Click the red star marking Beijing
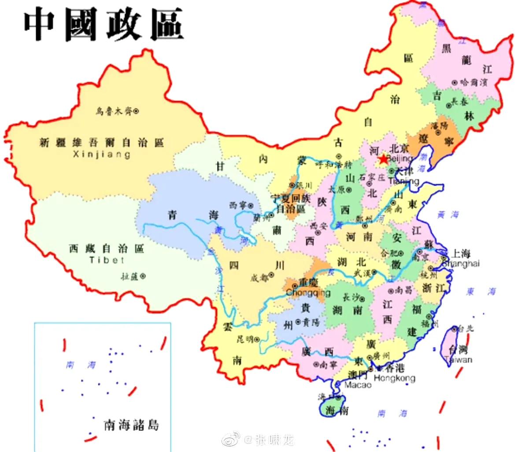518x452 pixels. [x=383, y=159]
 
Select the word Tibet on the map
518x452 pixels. [x=107, y=260]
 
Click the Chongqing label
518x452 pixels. [x=308, y=293]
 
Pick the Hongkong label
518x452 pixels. [x=394, y=378]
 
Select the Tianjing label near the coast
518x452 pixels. [x=403, y=181]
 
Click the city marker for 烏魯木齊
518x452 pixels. [x=136, y=111]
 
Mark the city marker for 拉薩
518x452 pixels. [x=142, y=276]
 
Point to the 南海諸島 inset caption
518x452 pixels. [x=131, y=425]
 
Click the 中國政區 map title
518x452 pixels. [x=103, y=24]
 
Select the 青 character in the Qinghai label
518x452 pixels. [x=172, y=215]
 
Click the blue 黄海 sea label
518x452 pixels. [x=448, y=215]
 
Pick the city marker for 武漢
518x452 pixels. [x=374, y=272]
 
